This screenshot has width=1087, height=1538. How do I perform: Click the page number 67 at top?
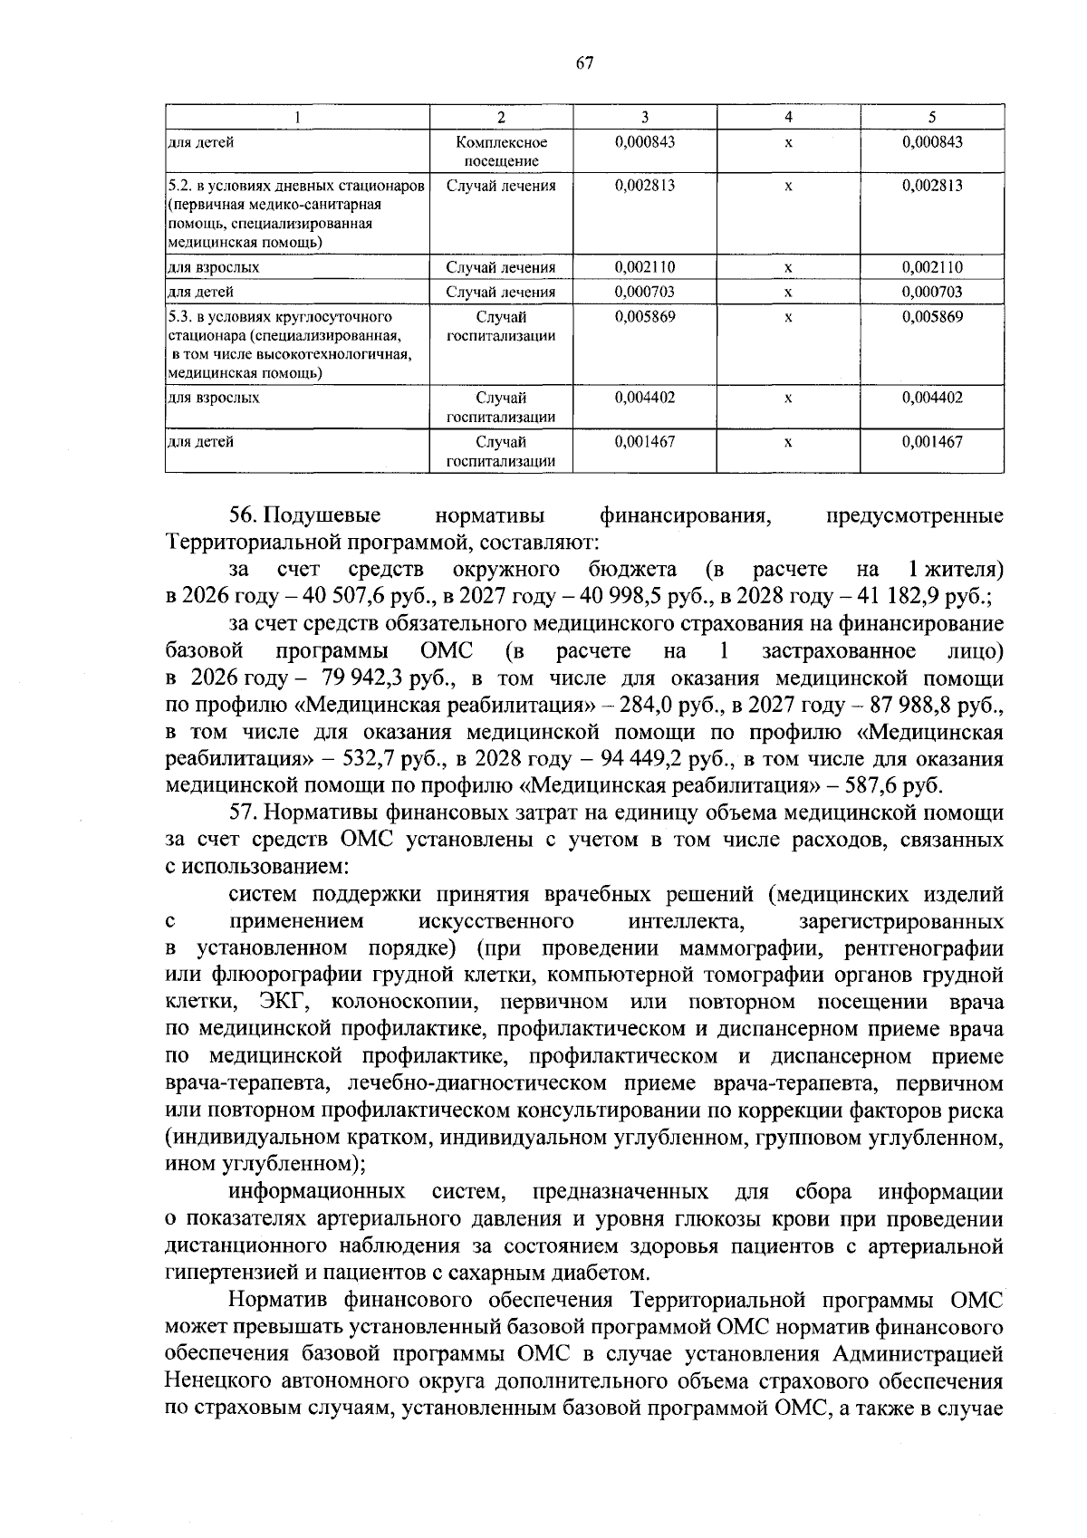pos(583,62)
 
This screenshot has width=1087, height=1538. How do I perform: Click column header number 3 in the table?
pos(644,117)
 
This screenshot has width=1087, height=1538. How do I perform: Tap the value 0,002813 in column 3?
pos(644,186)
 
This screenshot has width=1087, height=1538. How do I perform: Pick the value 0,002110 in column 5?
pos(931,267)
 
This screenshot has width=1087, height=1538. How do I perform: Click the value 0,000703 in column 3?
pos(644,292)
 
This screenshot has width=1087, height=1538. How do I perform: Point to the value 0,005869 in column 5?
pos(931,317)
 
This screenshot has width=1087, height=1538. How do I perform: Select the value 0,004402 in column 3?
pos(644,398)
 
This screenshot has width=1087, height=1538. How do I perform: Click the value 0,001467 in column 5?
pos(931,442)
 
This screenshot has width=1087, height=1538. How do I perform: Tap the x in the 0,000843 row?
pos(788,143)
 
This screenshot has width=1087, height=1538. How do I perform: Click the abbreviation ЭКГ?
pos(284,1003)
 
